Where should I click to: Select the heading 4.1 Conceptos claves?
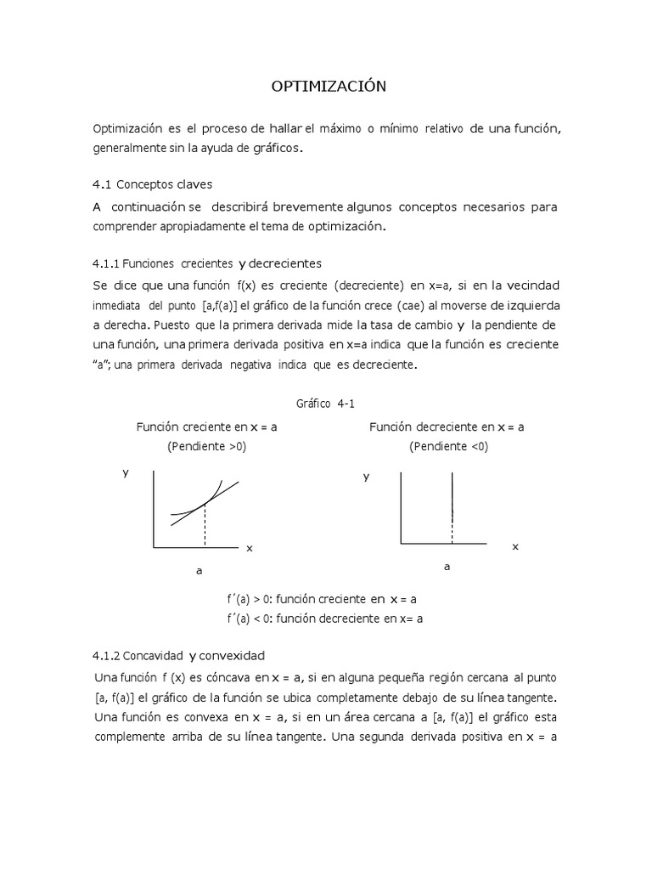[152, 184]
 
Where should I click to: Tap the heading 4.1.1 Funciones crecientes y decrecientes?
[206, 263]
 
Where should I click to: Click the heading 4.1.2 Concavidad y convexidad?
[178, 656]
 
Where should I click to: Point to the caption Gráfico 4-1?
[326, 404]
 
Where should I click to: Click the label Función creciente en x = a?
[206, 427]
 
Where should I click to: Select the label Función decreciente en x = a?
[447, 427]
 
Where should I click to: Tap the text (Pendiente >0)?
[206, 446]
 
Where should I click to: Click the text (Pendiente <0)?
[449, 446]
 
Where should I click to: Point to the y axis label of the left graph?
[126, 473]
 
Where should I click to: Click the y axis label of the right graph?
[367, 477]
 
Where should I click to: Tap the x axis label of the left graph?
[250, 549]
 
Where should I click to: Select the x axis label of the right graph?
[514, 547]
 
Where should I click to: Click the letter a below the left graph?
[200, 572]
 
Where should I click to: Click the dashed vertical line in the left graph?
[205, 527]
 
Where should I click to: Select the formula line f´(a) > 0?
[321, 599]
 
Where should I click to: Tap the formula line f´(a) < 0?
[324, 619]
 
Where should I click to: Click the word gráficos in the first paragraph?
[277, 148]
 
